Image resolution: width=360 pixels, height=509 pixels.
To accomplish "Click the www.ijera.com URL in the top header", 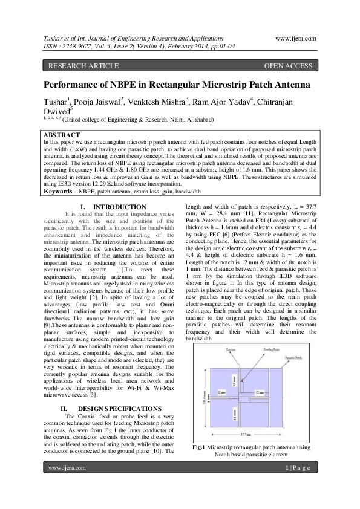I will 295,37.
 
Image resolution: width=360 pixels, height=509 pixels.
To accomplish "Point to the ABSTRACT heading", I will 62,134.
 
